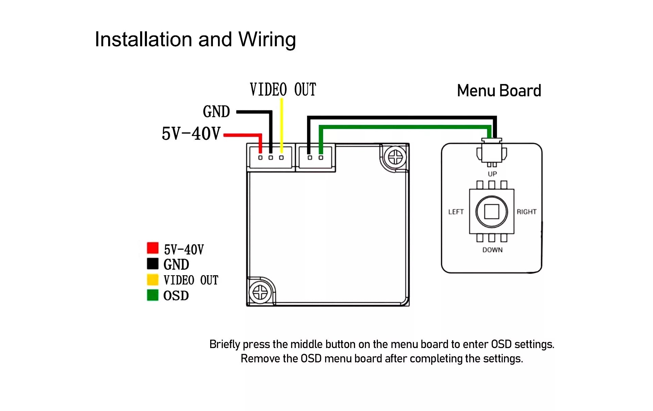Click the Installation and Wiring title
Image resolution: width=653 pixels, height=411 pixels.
click(x=195, y=39)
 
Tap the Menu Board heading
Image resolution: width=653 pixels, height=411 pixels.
click(x=499, y=91)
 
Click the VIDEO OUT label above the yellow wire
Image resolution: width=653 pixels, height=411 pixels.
click(x=283, y=89)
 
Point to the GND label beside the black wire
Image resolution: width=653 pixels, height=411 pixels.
click(x=216, y=112)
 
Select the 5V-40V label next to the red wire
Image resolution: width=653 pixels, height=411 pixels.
click(x=191, y=133)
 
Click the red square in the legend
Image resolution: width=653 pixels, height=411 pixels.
click(x=153, y=248)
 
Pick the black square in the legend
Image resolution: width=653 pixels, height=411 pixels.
click(x=153, y=263)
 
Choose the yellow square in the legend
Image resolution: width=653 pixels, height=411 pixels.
click(x=153, y=279)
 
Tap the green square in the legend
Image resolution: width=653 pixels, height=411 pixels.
click(x=153, y=295)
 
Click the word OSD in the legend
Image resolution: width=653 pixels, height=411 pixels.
click(x=176, y=296)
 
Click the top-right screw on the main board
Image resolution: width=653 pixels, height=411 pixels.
click(x=395, y=158)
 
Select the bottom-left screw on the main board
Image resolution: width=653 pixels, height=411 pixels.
click(x=260, y=292)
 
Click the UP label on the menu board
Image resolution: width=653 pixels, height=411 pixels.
click(x=492, y=174)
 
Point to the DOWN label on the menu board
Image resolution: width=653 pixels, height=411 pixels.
click(x=492, y=250)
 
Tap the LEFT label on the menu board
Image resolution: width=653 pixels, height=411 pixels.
click(x=456, y=212)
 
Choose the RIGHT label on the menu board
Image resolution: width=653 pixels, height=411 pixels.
click(x=526, y=212)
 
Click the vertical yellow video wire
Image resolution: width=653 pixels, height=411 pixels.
click(x=282, y=122)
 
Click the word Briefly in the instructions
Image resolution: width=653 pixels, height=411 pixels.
click(x=224, y=344)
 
